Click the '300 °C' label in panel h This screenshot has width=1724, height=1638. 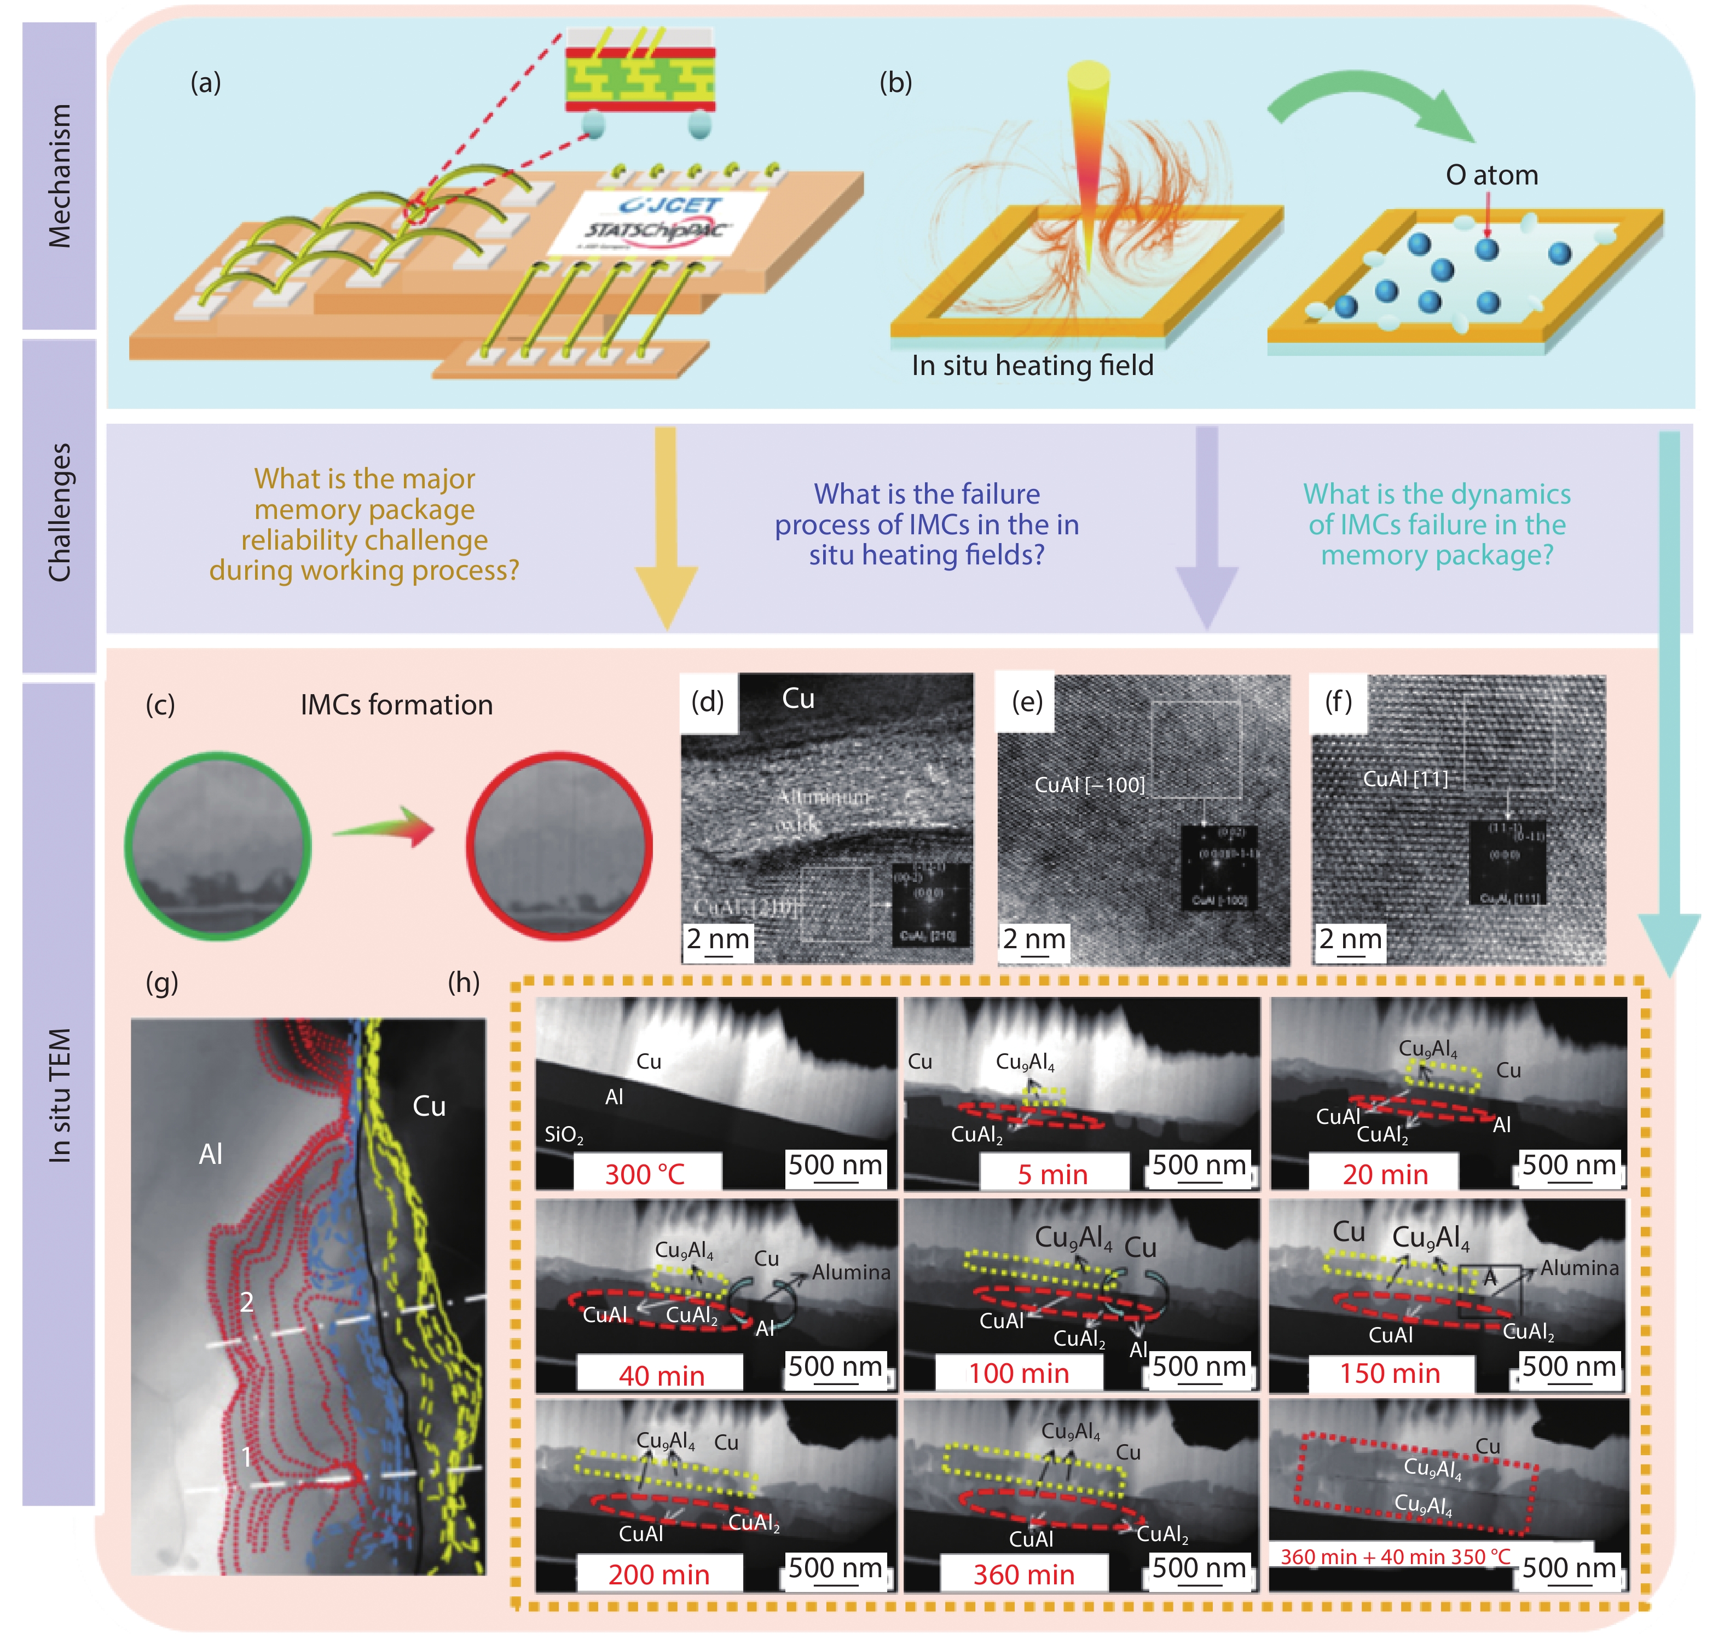(645, 1174)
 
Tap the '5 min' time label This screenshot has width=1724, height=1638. (1052, 1174)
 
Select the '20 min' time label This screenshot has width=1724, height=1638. (1385, 1174)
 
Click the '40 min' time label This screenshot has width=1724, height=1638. (661, 1375)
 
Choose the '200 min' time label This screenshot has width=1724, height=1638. (658, 1574)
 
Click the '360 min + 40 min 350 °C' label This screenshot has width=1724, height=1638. (1394, 1556)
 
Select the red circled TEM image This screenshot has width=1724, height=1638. (559, 846)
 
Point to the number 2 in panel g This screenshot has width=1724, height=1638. (247, 1302)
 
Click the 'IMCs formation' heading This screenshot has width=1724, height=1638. (396, 705)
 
